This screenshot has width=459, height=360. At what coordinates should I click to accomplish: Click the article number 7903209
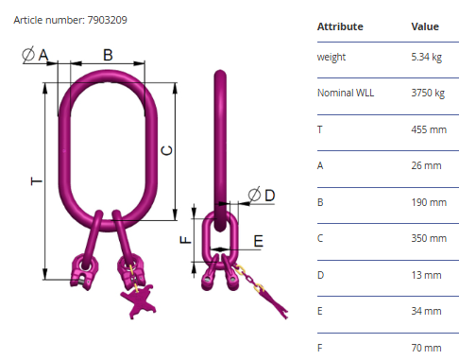tap(107, 20)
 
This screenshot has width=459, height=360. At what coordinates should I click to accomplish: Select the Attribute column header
tap(340, 26)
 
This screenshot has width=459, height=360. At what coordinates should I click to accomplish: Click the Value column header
tap(425, 26)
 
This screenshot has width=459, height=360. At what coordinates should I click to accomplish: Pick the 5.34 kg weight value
tap(426, 57)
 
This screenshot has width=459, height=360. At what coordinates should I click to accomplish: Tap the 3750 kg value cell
tap(428, 93)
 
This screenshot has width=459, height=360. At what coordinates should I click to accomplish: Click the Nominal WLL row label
tap(346, 93)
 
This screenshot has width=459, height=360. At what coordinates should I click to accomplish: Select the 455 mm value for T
tap(429, 129)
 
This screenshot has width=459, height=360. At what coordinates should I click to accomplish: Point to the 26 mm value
tap(426, 165)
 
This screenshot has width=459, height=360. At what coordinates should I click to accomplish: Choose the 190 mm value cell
tap(429, 202)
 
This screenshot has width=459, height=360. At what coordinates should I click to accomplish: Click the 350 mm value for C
tap(429, 238)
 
